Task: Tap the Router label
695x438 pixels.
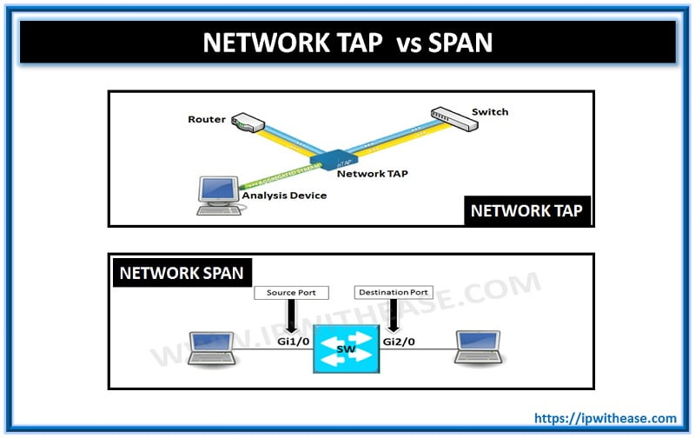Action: click(x=207, y=118)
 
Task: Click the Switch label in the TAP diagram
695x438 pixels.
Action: click(x=490, y=112)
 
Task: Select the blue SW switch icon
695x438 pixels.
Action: click(x=345, y=350)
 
